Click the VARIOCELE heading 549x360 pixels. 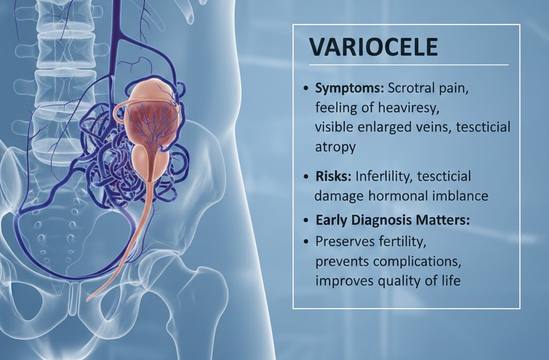click(x=374, y=47)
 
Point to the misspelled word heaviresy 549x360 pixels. click(x=408, y=108)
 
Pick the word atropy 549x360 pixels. click(x=335, y=147)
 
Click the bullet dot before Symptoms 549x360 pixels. click(x=306, y=88)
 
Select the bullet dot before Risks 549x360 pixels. click(x=306, y=176)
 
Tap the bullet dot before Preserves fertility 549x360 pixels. click(x=306, y=242)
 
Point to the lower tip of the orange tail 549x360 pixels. click(x=89, y=297)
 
